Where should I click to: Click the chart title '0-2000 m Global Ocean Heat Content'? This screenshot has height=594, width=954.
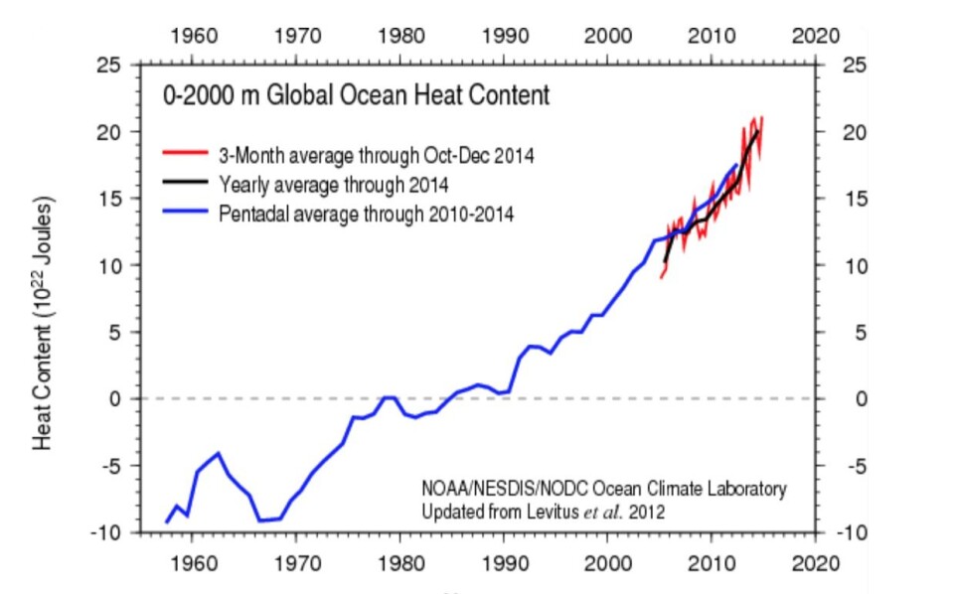(357, 96)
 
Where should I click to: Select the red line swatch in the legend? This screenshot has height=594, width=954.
(185, 154)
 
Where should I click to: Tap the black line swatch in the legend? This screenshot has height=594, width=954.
(185, 184)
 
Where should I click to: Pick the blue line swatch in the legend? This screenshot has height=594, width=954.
(185, 214)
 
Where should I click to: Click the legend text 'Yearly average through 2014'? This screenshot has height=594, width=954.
(334, 184)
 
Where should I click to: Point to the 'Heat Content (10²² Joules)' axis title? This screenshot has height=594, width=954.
(45, 322)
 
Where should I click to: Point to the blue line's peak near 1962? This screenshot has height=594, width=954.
(218, 453)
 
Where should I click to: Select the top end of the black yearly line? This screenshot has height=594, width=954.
(757, 131)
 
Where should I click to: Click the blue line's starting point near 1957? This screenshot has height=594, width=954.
(167, 521)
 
